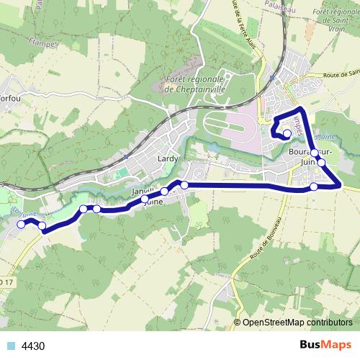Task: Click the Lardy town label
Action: [167, 158]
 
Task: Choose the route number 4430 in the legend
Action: [33, 346]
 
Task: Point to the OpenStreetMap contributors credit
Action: [297, 323]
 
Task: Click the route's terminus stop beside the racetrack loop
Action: [287, 133]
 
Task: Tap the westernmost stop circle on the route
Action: [21, 224]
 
